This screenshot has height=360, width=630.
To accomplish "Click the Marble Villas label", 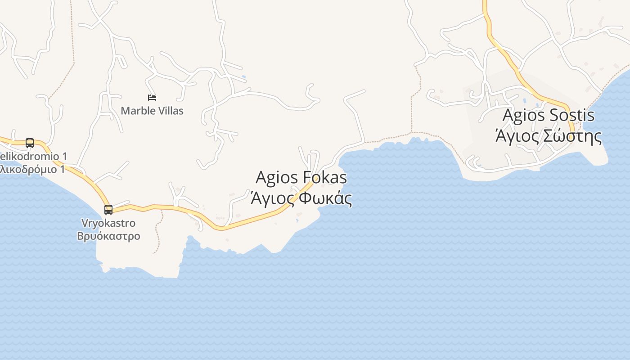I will [x=152, y=111].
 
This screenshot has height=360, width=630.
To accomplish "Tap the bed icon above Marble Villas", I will [x=152, y=97].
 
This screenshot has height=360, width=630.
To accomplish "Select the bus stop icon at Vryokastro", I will [x=108, y=209].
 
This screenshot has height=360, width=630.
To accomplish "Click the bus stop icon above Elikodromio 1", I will [x=30, y=143].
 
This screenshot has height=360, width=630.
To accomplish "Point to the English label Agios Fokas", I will [x=301, y=177].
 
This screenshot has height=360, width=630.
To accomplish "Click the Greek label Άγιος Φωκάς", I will [x=301, y=198].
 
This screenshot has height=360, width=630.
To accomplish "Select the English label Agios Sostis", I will [x=548, y=115].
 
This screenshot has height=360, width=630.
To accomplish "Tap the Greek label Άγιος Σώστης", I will [x=548, y=135].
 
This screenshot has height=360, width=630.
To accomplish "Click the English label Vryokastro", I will [x=108, y=223].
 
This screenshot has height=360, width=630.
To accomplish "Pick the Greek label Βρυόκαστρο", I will [x=108, y=236].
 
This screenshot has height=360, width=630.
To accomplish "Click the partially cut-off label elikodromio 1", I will [x=33, y=157].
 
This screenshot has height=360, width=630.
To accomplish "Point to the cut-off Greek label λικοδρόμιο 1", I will [x=32, y=169].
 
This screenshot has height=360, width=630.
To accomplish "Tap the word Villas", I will [x=170, y=111].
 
